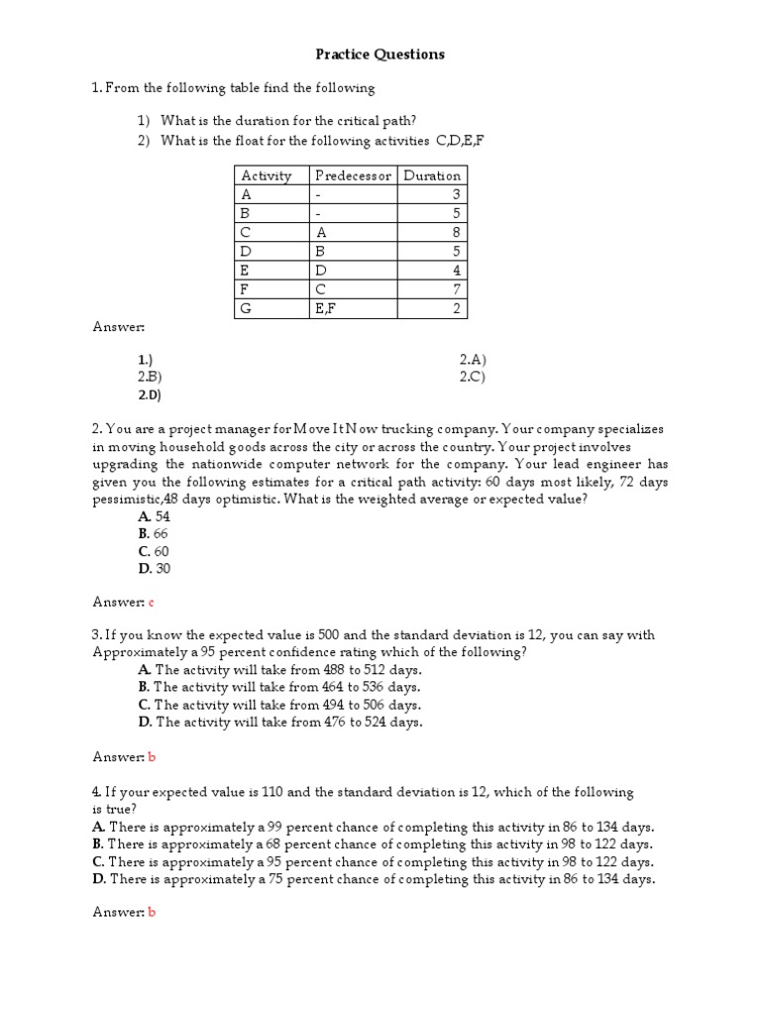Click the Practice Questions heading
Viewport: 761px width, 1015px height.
tap(380, 55)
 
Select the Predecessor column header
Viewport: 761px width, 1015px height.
tap(353, 175)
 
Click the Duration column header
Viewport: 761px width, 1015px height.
tap(432, 175)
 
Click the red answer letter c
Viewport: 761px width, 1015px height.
tap(152, 602)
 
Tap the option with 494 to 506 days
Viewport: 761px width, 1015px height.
tap(279, 705)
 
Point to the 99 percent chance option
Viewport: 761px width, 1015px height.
tap(373, 827)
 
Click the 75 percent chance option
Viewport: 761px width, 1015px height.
tap(373, 878)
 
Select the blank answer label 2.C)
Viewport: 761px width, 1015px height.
tap(473, 377)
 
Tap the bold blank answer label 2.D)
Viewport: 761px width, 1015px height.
tap(150, 395)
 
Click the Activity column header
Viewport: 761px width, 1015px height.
tap(267, 175)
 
